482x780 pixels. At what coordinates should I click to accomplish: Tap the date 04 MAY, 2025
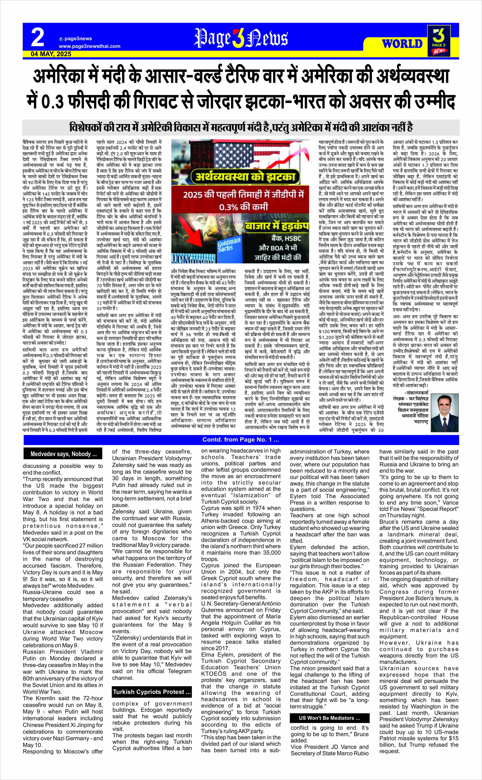[x=51, y=54]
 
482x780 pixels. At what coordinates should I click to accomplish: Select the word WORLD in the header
[x=402, y=44]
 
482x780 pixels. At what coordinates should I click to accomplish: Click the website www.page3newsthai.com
[x=90, y=46]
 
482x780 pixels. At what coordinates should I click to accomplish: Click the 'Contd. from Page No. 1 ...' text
[x=241, y=440]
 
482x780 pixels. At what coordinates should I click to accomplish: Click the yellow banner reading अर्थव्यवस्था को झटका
[x=241, y=177]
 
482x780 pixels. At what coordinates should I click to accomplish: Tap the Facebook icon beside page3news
[x=61, y=39]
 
